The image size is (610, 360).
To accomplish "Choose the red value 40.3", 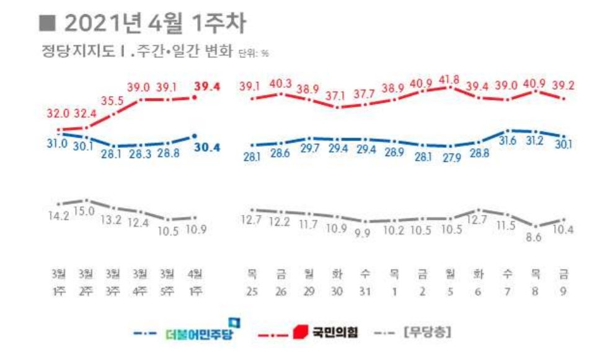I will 280,82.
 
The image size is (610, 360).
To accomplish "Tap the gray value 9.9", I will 365,232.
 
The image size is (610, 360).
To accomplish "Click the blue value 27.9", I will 449,157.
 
